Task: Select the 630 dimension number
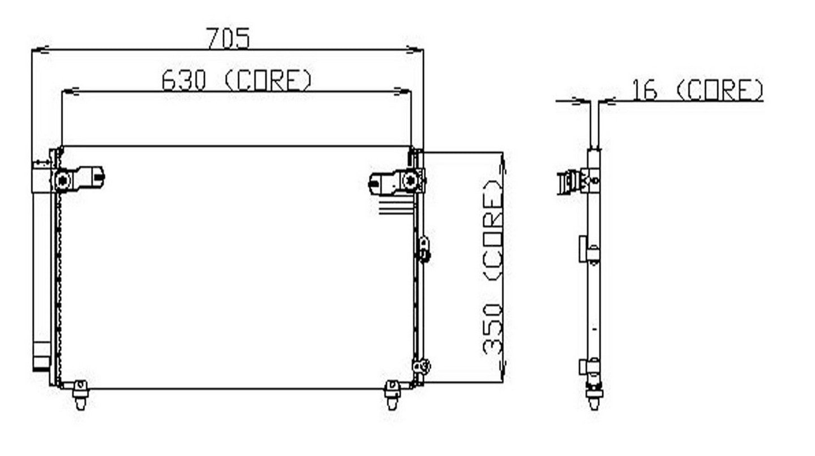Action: click(x=184, y=80)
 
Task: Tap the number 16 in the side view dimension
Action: click(x=644, y=90)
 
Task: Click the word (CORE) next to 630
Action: click(x=268, y=80)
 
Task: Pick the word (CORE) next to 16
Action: click(x=719, y=90)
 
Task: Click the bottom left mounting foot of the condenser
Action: click(x=80, y=394)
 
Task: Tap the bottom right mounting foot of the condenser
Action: click(x=392, y=394)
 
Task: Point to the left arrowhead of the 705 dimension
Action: click(x=40, y=50)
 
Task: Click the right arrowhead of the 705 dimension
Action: click(x=415, y=50)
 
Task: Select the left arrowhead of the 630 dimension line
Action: click(x=69, y=91)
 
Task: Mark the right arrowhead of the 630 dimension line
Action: click(x=402, y=91)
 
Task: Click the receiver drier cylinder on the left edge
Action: click(x=41, y=272)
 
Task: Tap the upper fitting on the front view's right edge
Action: click(x=424, y=248)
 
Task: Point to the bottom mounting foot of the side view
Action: click(x=594, y=398)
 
